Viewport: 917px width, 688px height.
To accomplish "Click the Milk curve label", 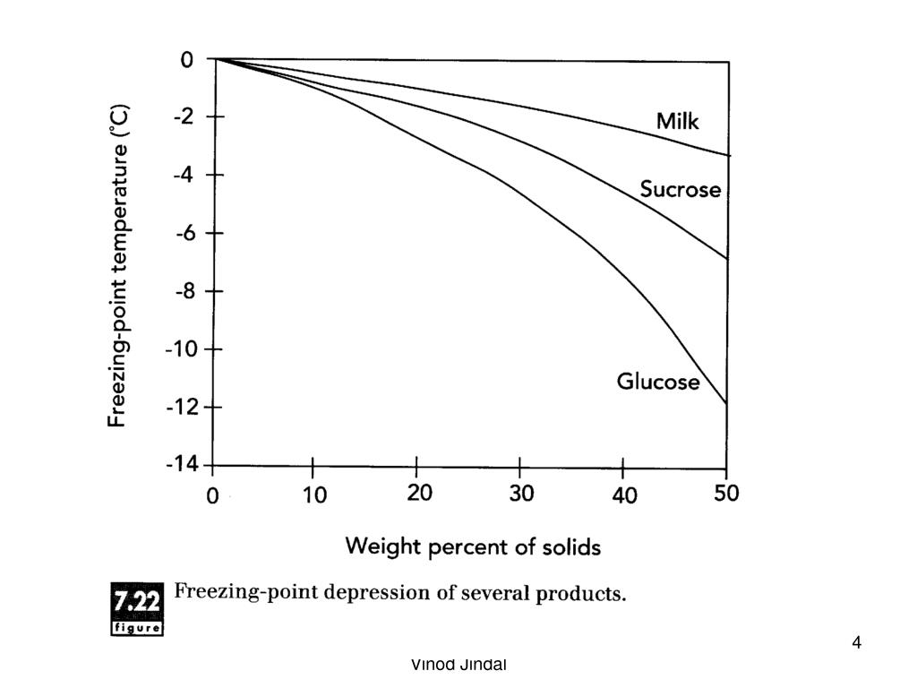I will point(677,121).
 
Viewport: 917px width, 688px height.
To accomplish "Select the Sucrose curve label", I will point(680,189).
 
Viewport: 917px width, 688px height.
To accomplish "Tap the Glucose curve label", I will point(658,382).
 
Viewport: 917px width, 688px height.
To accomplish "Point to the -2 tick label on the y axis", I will point(184,116).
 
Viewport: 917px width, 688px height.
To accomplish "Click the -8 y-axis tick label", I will point(184,290).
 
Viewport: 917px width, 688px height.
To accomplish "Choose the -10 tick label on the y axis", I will point(181,348).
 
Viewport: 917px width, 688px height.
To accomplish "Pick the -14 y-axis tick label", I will point(181,464).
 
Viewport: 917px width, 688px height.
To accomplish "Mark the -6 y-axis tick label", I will point(184,232).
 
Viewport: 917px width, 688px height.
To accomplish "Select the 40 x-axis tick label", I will point(625,494).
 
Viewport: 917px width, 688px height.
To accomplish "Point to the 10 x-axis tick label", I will point(314,494).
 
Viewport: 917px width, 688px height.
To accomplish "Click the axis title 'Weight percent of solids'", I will point(473,546).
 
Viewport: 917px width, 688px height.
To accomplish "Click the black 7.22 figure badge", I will point(136,608).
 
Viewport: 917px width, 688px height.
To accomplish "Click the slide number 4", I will point(857,642).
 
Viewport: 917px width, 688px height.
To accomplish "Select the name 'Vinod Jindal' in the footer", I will point(458,665).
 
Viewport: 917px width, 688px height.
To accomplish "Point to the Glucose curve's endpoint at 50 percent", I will point(725,404).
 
